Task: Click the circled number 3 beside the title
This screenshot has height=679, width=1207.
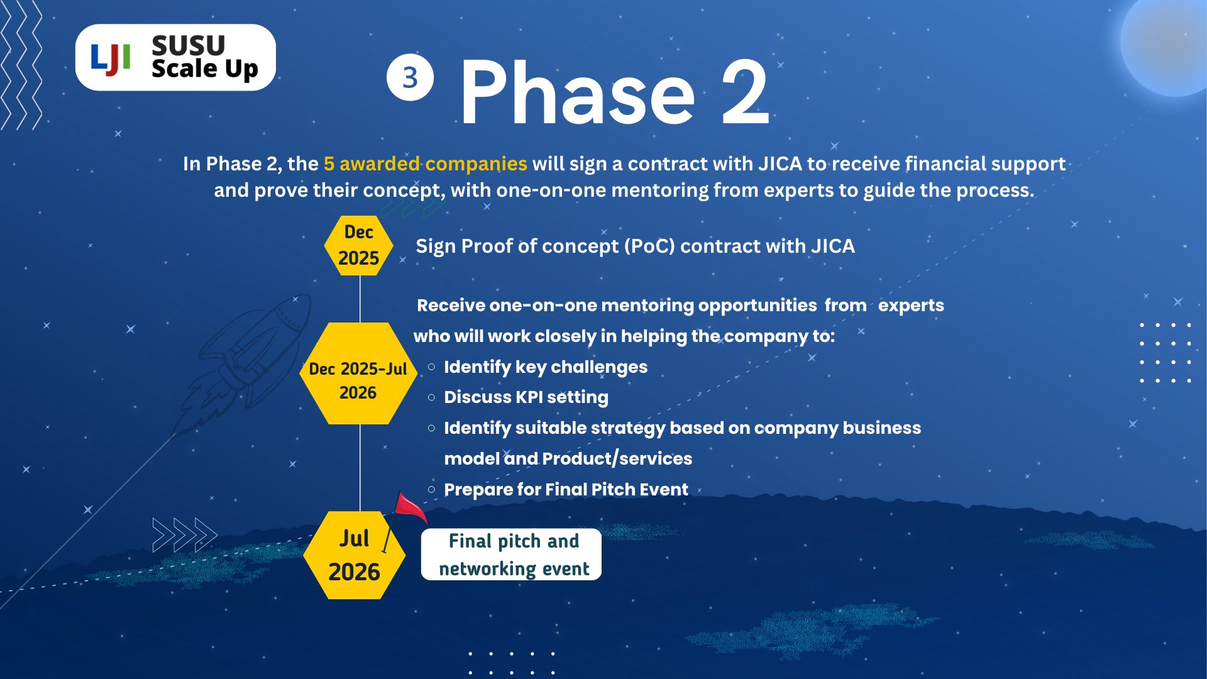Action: [410, 78]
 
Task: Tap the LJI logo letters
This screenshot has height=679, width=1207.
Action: [111, 59]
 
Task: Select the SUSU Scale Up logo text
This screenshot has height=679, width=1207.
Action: [204, 57]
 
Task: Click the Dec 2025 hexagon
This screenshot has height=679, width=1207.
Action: [358, 245]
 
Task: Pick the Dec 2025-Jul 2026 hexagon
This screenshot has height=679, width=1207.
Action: [358, 373]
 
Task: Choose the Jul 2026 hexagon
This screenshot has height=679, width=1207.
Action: [354, 555]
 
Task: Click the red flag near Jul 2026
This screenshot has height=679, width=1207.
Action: [410, 508]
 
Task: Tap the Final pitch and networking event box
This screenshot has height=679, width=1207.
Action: [511, 555]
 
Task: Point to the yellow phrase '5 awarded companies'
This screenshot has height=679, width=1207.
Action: [425, 163]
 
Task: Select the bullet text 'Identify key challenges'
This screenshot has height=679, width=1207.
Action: [546, 367]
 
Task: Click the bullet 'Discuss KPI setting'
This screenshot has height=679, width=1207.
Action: [526, 397]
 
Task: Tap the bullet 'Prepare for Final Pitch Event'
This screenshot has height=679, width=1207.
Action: [566, 489]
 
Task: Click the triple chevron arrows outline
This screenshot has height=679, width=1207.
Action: [185, 535]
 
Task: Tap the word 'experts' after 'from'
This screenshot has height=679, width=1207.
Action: [911, 306]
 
